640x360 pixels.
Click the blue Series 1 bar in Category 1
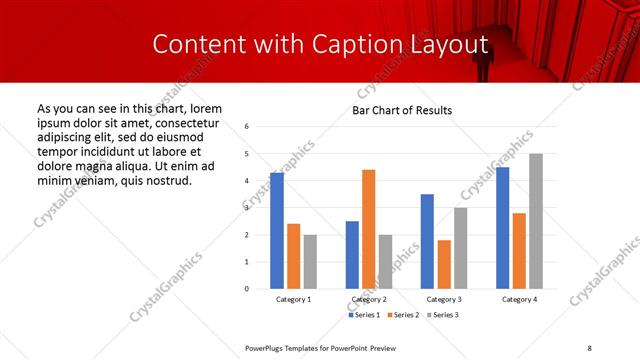[x=277, y=231]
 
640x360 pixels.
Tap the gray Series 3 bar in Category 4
[x=536, y=221]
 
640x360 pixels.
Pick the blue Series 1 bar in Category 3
[x=427, y=241]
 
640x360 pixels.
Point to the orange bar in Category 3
[x=444, y=264]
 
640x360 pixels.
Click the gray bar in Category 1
[x=310, y=262]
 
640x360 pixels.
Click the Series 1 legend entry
[x=365, y=315]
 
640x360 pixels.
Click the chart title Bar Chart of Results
[x=402, y=110]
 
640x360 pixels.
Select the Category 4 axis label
[x=518, y=300]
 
